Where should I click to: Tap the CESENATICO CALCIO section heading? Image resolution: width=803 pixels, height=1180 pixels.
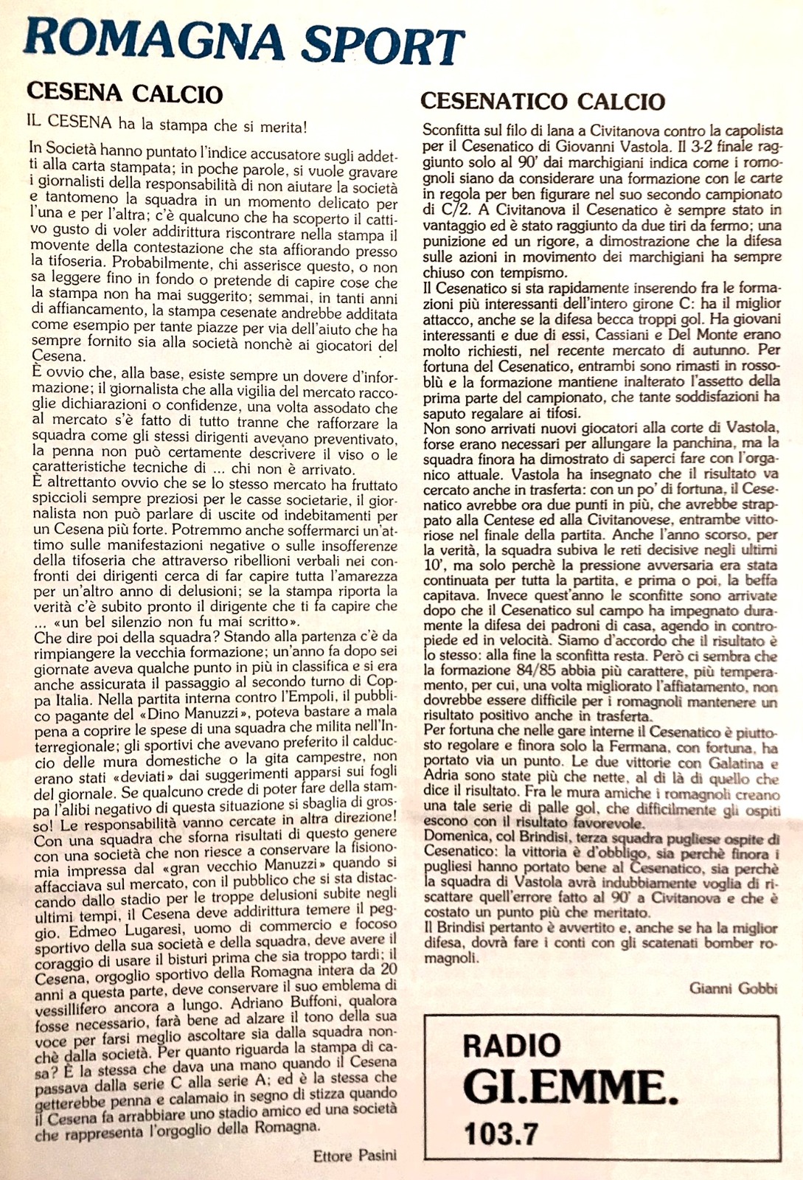(543, 101)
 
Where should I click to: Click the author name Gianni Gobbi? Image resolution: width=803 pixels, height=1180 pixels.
(734, 988)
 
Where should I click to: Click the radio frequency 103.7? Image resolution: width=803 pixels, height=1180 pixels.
(501, 1132)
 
